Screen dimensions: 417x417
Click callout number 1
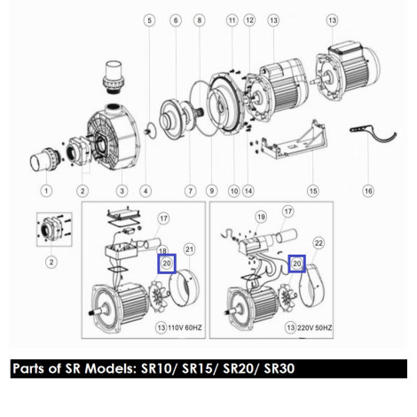click(46, 191)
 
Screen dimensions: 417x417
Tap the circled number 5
click(149, 20)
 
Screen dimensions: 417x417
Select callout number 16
click(368, 191)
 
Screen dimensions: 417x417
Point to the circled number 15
click(313, 191)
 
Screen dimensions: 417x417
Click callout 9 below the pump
click(211, 191)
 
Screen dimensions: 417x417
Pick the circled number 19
click(261, 217)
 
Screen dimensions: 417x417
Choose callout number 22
click(319, 243)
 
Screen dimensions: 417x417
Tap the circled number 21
click(190, 249)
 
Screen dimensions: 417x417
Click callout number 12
click(249, 20)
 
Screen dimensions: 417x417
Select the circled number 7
click(190, 191)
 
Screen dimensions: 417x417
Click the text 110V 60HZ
click(185, 327)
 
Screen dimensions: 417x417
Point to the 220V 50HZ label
click(314, 327)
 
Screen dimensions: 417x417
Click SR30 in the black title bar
click(279, 368)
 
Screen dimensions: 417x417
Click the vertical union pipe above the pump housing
click(113, 77)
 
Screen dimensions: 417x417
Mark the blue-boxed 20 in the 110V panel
click(167, 264)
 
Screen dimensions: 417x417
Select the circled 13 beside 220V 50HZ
click(291, 327)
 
